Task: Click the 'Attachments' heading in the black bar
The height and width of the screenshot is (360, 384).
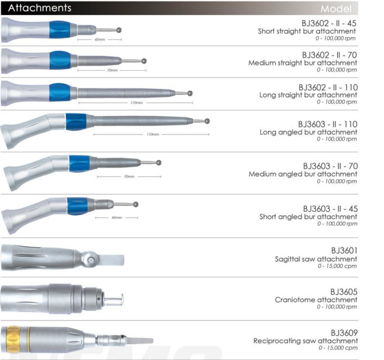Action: (x=40, y=8)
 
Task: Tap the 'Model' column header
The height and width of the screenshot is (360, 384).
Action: (x=336, y=9)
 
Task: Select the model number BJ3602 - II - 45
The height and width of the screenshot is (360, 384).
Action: (x=329, y=23)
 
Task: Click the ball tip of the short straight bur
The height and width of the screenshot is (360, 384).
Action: (x=119, y=30)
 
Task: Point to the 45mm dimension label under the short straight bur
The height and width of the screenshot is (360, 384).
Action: (x=100, y=39)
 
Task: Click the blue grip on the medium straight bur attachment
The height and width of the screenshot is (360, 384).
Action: (x=60, y=60)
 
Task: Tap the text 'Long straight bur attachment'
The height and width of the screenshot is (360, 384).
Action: (x=308, y=95)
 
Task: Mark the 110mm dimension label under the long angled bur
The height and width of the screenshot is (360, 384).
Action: (x=153, y=134)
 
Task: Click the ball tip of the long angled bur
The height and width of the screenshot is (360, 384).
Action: (x=207, y=121)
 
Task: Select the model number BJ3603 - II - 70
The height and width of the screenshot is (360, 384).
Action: (x=330, y=166)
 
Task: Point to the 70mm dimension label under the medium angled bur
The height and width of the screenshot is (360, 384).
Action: (x=129, y=176)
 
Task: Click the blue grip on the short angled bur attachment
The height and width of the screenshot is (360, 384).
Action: (x=78, y=206)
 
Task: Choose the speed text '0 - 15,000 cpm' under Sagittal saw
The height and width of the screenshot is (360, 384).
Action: (x=337, y=266)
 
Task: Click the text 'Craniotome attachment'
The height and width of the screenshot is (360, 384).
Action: (x=316, y=300)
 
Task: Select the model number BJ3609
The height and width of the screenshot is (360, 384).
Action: (x=344, y=333)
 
